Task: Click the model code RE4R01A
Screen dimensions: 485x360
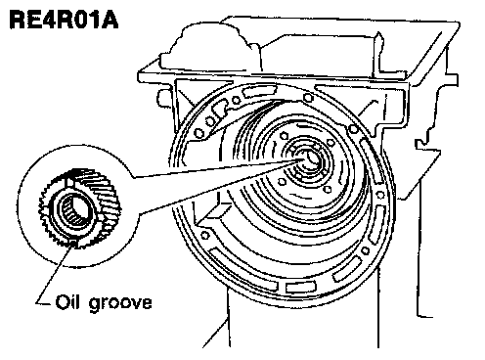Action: pyautogui.click(x=64, y=20)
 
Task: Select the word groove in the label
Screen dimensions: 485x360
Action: pyautogui.click(x=120, y=304)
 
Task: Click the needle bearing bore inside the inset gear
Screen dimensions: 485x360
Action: pyautogui.click(x=75, y=209)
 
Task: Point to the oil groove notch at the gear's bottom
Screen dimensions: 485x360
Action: pyautogui.click(x=74, y=243)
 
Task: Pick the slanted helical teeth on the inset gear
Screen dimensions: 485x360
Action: pyautogui.click(x=104, y=193)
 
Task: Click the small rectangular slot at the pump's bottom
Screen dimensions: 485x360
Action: pyautogui.click(x=300, y=287)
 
